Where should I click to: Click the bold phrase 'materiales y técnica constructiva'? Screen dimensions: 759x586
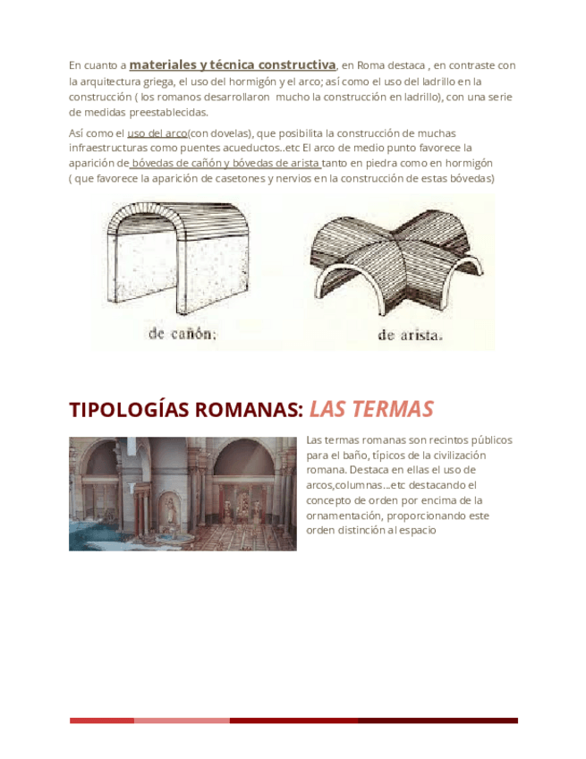(233, 64)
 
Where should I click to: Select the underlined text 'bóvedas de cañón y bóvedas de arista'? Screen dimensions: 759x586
(226, 163)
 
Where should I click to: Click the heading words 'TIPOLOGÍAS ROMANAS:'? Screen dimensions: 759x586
(186, 410)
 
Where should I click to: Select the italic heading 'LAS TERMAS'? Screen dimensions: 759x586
(371, 410)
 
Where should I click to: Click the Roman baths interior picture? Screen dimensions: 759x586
(183, 493)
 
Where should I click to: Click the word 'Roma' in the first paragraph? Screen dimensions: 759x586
(359, 65)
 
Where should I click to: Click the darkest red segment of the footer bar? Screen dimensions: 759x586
(437, 721)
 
